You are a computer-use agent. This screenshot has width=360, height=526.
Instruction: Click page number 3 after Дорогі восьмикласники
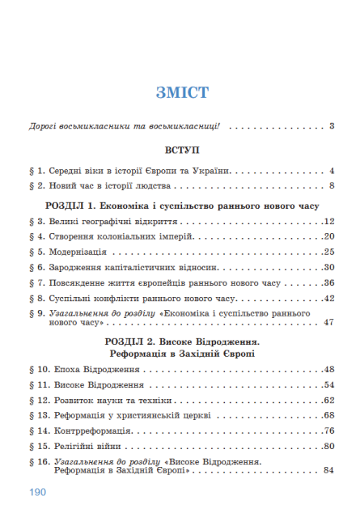[x=332, y=126]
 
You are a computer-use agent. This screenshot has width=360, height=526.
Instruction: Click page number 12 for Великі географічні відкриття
[x=328, y=221]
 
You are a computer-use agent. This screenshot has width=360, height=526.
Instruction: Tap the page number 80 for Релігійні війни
[x=328, y=446]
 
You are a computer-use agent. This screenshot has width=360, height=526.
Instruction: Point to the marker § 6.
[x=35, y=267]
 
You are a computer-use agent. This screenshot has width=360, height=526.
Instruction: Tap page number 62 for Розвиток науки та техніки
[x=328, y=400]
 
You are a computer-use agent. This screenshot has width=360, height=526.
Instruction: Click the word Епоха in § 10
[x=71, y=369]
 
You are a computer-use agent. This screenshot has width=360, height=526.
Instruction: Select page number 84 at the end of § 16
[x=328, y=470]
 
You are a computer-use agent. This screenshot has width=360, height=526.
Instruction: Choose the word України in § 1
[x=213, y=171]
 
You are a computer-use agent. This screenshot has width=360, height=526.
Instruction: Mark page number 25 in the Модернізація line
[x=328, y=252]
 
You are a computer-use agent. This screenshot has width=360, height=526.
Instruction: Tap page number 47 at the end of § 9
[x=328, y=322]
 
